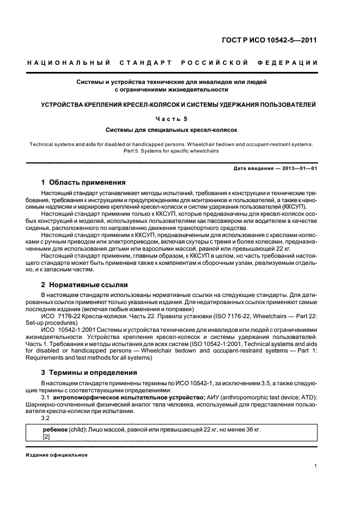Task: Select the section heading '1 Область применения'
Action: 83,182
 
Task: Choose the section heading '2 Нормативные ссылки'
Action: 84,284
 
